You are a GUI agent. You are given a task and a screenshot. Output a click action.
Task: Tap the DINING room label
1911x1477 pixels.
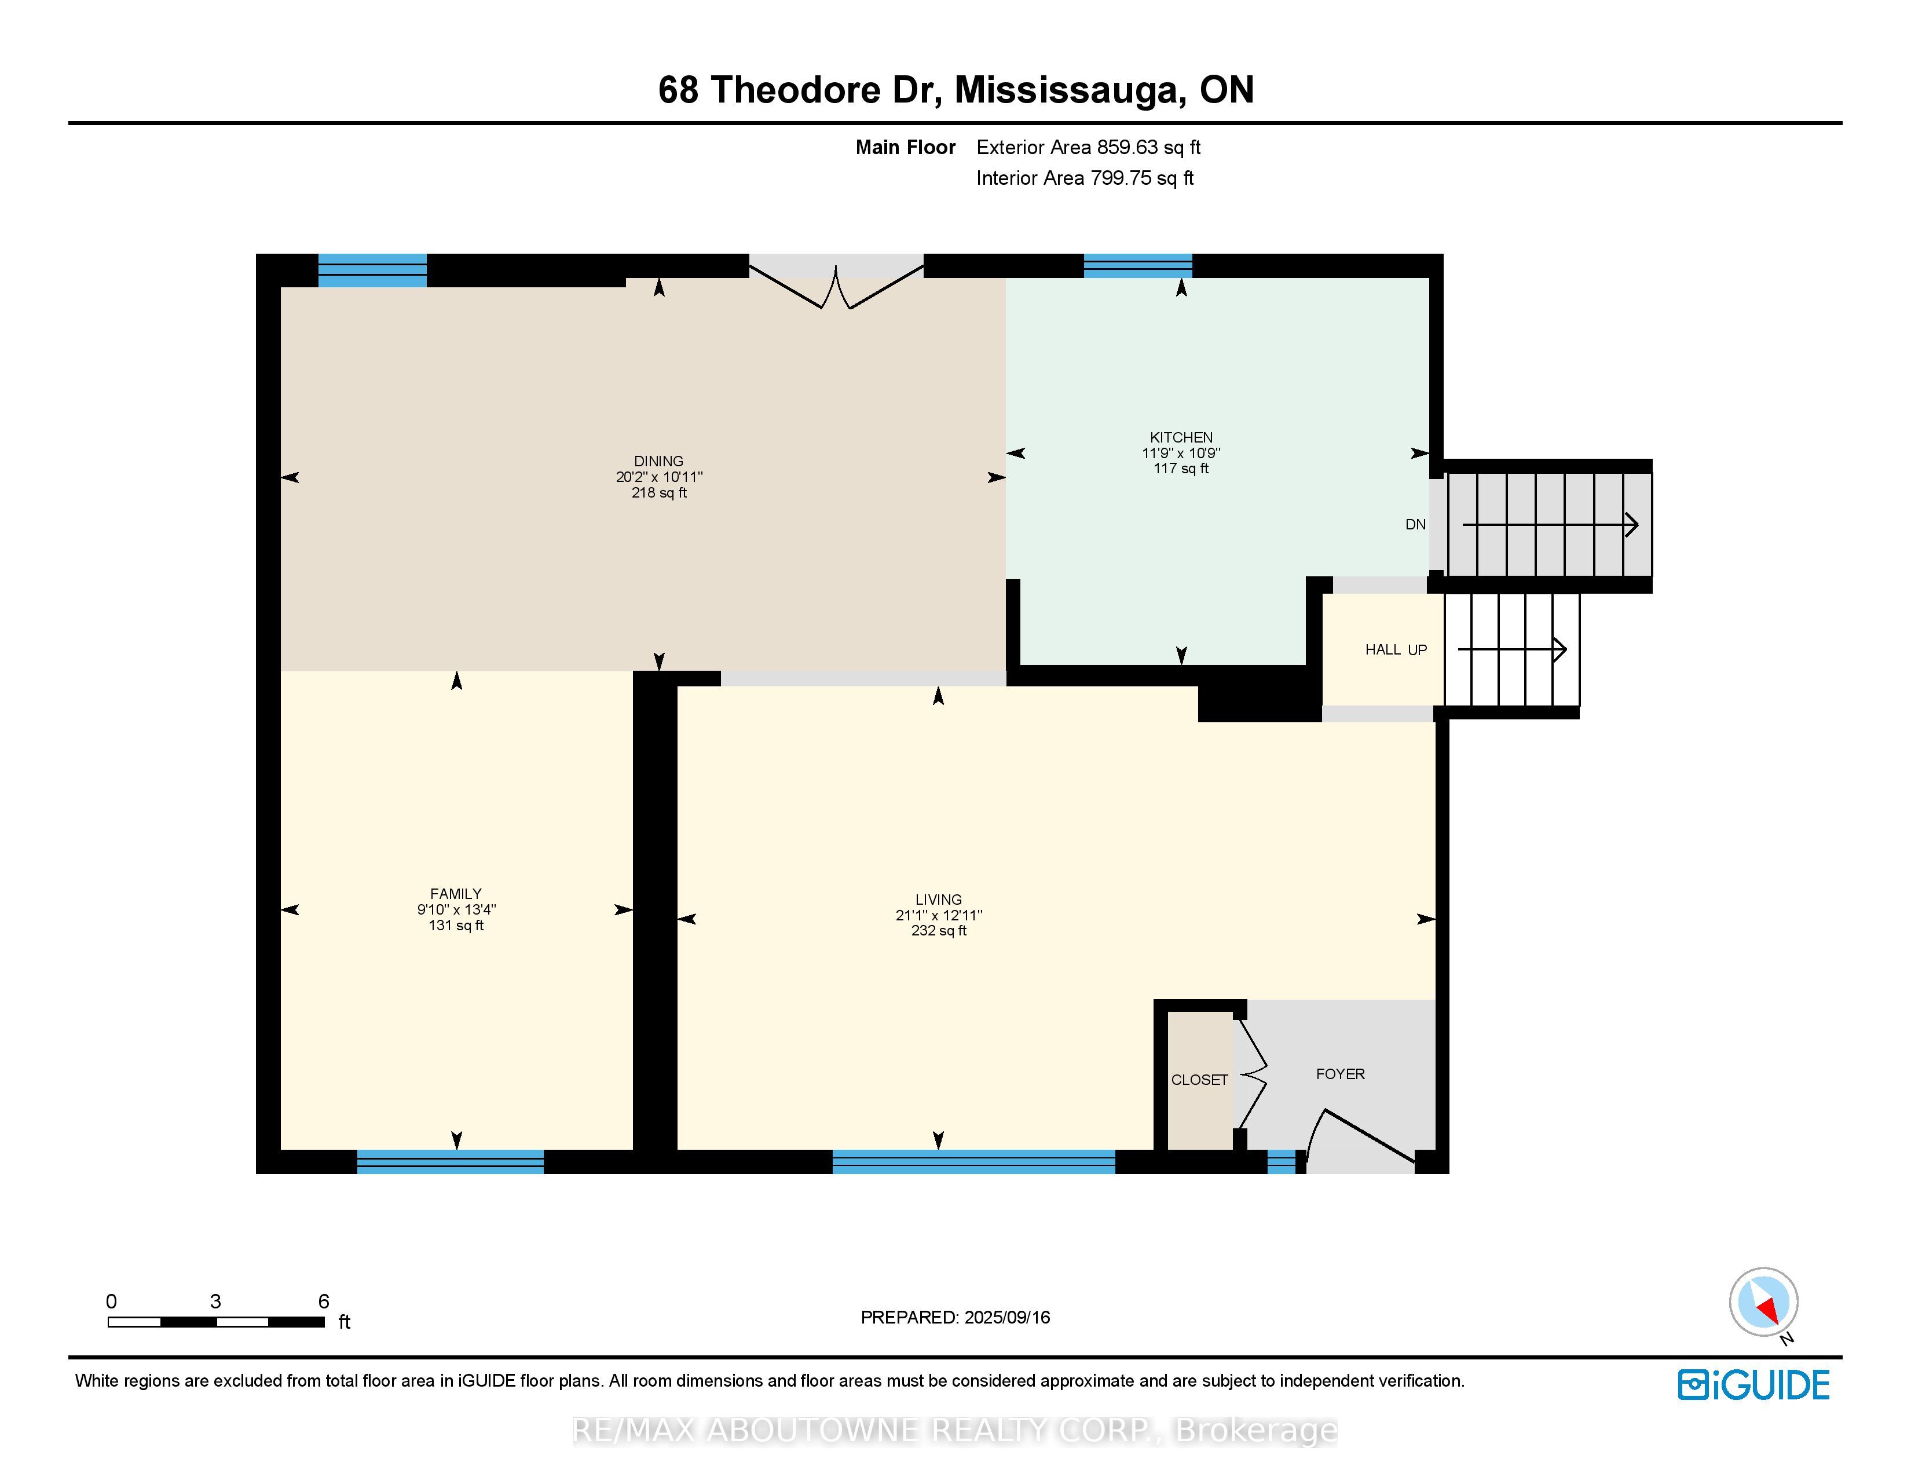659,461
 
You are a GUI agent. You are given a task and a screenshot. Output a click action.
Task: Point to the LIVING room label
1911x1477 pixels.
938,900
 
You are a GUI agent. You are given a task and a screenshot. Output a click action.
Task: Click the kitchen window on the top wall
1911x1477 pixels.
1137,265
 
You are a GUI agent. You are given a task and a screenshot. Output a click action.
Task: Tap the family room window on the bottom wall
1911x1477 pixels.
450,1161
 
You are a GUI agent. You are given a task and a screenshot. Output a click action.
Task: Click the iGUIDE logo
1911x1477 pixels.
1753,1384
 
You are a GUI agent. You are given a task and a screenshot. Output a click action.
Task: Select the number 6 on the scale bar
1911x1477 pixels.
324,1301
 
